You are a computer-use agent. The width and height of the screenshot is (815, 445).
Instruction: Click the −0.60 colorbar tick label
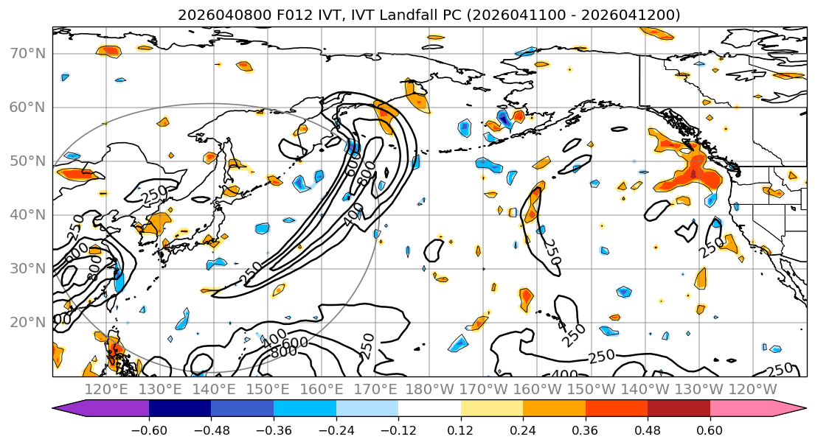coord(149,428)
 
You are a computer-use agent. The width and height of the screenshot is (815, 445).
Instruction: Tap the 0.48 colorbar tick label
coord(648,428)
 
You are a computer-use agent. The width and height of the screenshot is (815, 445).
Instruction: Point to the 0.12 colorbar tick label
coord(460,428)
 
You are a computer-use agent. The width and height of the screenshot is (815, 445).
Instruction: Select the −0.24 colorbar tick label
coord(336,428)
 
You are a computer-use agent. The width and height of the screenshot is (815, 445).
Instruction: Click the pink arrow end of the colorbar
coord(793,409)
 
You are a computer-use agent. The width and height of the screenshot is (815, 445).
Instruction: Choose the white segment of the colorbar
coord(429,409)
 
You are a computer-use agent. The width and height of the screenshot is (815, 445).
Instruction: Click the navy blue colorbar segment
coord(180,409)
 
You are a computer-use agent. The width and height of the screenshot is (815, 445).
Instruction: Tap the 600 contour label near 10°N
coord(295,344)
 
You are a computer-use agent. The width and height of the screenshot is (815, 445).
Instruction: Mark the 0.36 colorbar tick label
coord(585,428)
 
